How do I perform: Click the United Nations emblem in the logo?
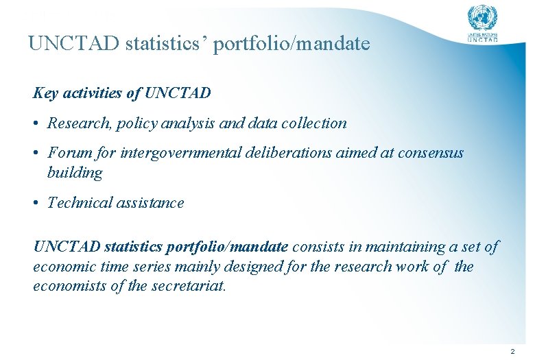482,17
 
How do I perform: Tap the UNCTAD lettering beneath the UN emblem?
482,40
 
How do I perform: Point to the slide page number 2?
512,351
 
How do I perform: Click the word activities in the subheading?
91,93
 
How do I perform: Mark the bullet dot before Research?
36,124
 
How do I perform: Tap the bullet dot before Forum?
36,153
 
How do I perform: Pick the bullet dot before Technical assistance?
36,204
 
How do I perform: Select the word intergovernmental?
180,153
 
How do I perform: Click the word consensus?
429,153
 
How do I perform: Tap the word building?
74,173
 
